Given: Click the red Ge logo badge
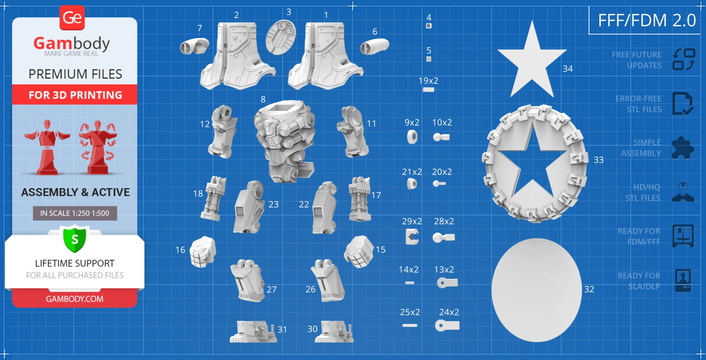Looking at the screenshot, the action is coord(72,18).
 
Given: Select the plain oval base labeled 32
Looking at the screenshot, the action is coord(536,290).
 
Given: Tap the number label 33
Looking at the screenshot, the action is coord(598,160).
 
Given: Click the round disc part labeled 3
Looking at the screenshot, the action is coord(281,37).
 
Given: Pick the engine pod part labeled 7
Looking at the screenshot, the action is coord(195,46).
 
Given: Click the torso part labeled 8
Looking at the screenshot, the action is coord(285,140).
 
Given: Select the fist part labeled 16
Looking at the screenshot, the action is coord(203,252).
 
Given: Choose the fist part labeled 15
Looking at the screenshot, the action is coord(359,252).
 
